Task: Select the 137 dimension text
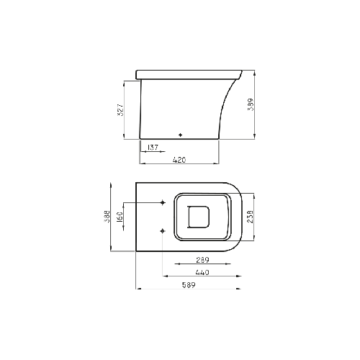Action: point(153,147)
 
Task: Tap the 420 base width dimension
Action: point(179,159)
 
